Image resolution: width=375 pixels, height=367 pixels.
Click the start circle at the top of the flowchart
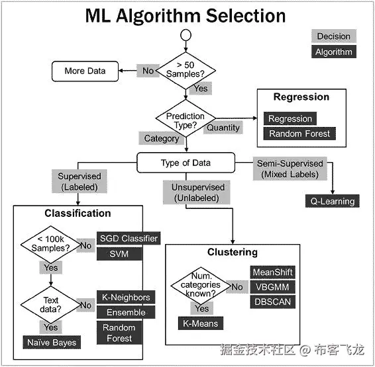[186, 36]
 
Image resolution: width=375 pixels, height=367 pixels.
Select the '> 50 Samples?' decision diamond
[186, 69]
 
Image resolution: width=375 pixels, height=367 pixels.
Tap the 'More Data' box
[85, 71]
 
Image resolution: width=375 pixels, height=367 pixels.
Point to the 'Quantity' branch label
[223, 127]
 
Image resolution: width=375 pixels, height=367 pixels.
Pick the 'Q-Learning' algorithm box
[332, 201]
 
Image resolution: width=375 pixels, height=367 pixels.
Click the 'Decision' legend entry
[333, 36]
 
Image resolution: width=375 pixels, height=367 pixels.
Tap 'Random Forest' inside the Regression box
[298, 134]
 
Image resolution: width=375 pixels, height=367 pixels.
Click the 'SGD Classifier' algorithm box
[129, 238]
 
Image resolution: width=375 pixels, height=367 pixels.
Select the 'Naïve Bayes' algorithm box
[51, 342]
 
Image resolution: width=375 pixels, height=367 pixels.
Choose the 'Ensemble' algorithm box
[126, 312]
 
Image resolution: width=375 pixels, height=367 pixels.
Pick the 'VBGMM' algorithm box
[272, 287]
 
